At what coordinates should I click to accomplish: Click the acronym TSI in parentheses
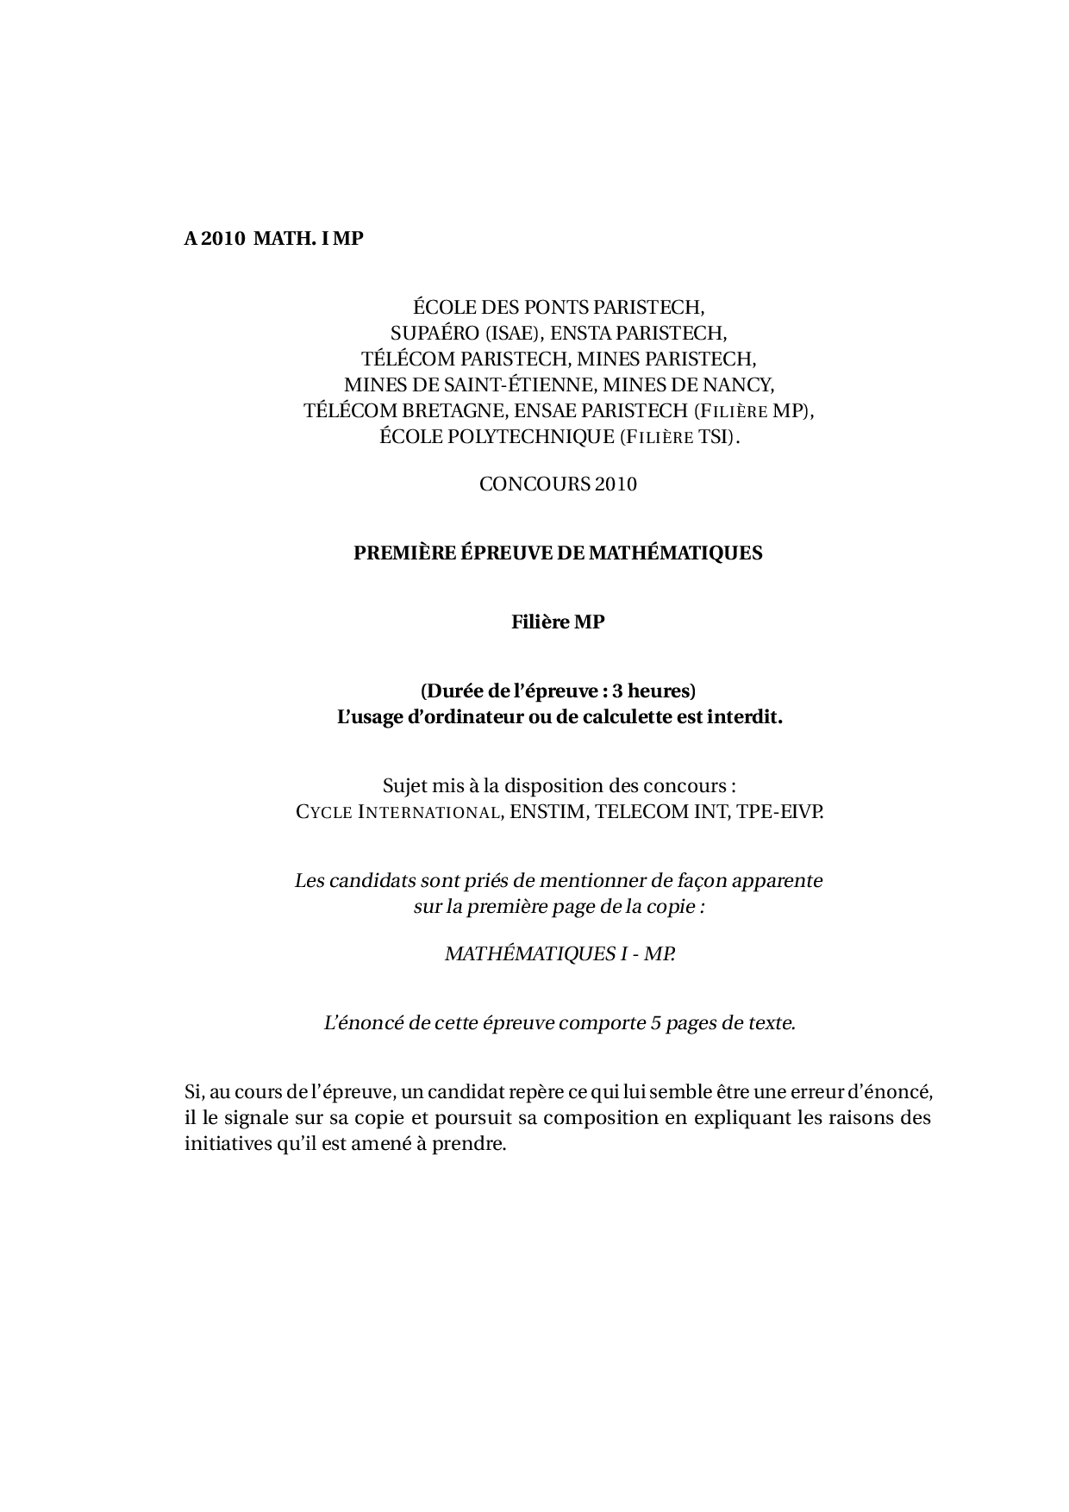(718, 436)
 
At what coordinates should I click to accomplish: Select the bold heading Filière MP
(558, 622)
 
